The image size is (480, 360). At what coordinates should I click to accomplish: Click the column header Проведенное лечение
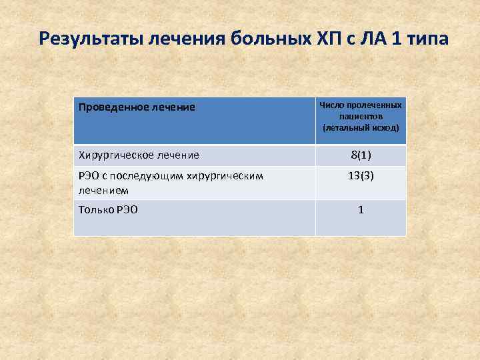coord(137,107)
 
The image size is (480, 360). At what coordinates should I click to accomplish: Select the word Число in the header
coord(331,105)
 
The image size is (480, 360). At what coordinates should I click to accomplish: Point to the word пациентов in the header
coord(361,116)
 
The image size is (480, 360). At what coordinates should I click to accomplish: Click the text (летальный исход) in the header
coord(361,127)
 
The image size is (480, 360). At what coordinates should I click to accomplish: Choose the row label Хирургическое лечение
coord(139,155)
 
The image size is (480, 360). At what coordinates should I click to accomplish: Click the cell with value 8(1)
coord(361,155)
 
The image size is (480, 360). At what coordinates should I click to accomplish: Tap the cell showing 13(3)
coord(361,177)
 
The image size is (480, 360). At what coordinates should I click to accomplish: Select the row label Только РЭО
coord(109,209)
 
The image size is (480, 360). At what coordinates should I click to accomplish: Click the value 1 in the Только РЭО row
coord(361,209)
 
